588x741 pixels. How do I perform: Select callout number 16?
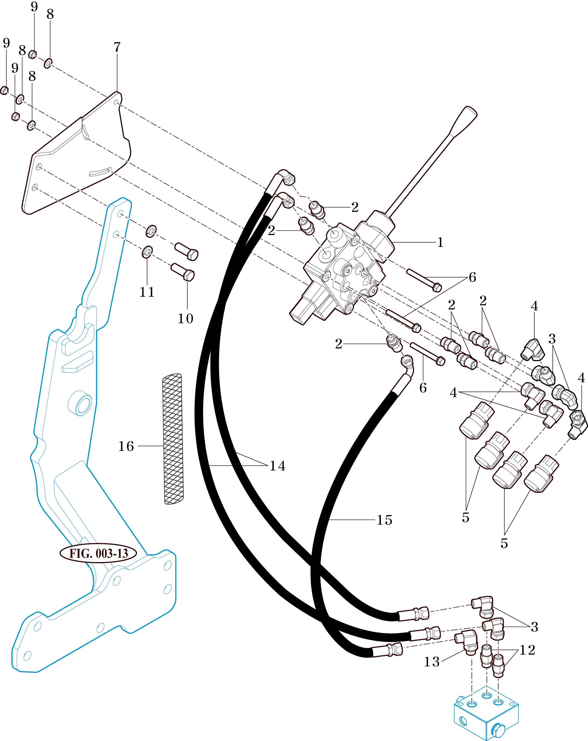(126, 446)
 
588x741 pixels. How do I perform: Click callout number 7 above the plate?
(117, 47)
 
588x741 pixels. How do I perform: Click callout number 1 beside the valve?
(440, 243)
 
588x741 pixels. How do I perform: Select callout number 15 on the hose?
(384, 520)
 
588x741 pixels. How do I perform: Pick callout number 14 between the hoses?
(277, 466)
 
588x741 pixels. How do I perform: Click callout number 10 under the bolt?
(185, 319)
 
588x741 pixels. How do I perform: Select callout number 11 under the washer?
(147, 292)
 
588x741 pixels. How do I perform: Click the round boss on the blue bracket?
(80, 403)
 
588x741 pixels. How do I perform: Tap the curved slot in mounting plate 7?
(100, 172)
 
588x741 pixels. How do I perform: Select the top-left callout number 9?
(34, 6)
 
